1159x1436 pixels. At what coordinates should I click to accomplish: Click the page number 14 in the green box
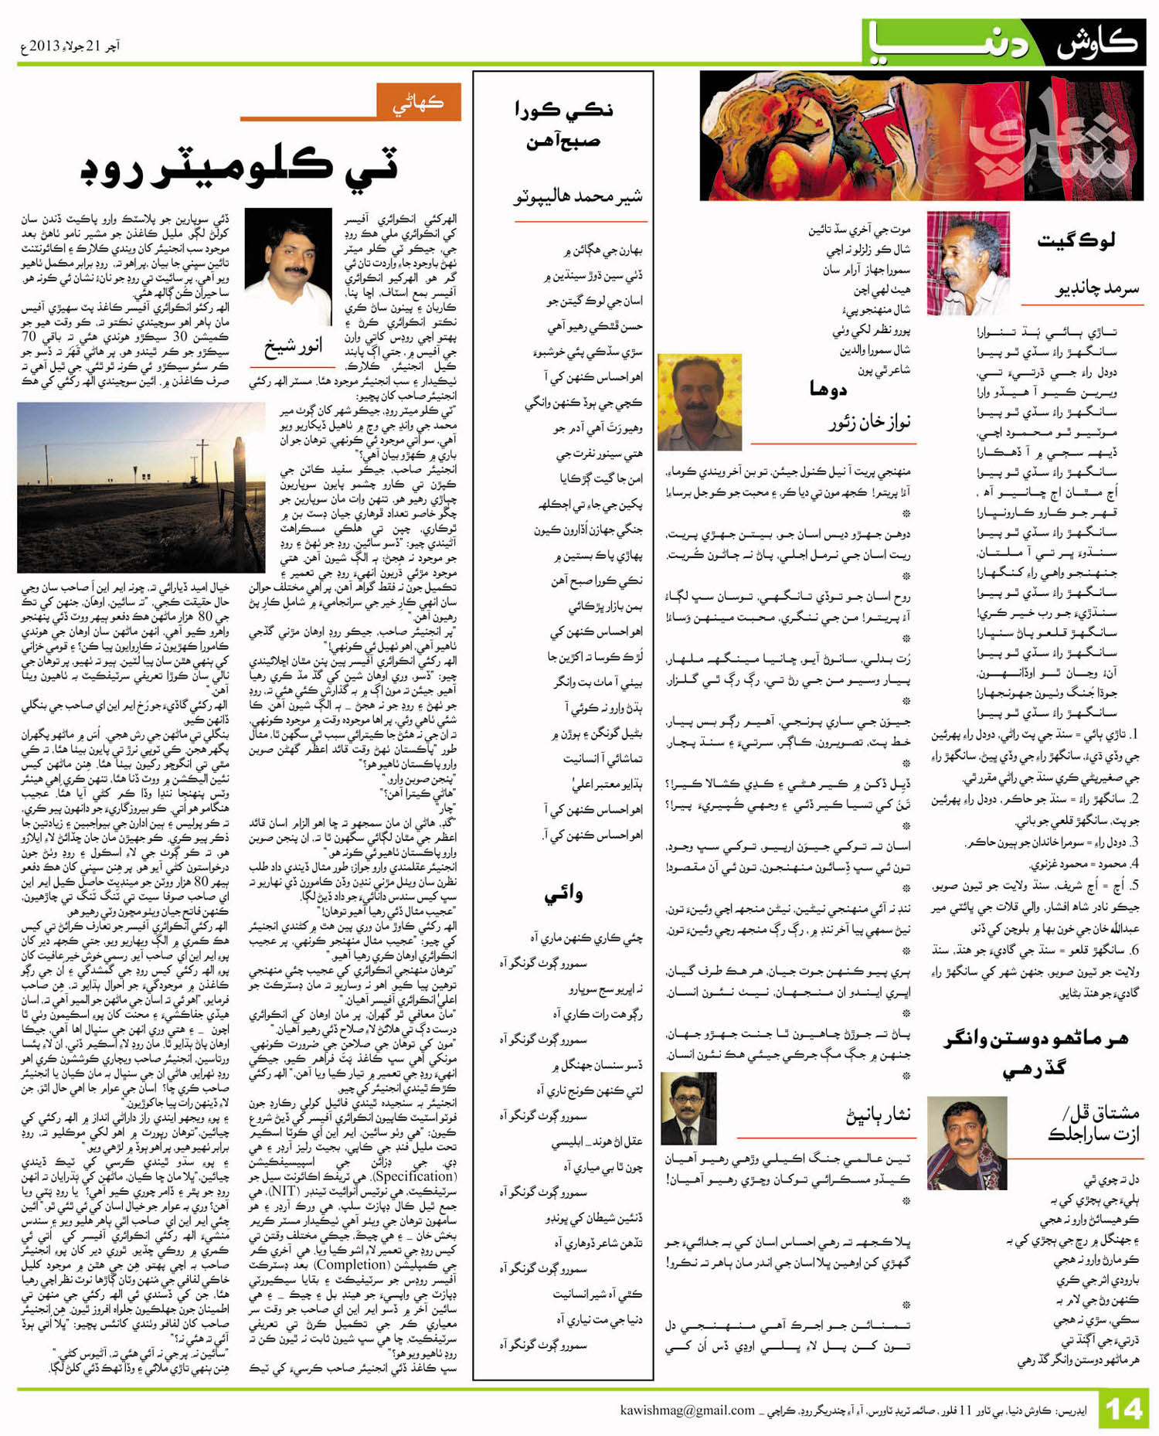[x=1124, y=1410]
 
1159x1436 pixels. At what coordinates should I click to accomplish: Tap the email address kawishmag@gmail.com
[x=687, y=1410]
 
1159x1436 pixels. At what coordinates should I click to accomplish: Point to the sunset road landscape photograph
[x=141, y=487]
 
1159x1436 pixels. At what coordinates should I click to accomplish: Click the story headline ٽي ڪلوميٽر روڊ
[x=240, y=167]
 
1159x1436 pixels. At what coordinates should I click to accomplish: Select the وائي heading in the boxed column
[x=564, y=894]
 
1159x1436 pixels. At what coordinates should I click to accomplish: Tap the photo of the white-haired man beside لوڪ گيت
[x=967, y=263]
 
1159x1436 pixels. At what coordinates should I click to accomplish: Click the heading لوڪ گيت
[x=1076, y=240]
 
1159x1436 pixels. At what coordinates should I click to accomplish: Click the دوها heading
[x=829, y=389]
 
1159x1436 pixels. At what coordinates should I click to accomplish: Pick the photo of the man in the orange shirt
[x=699, y=402]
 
